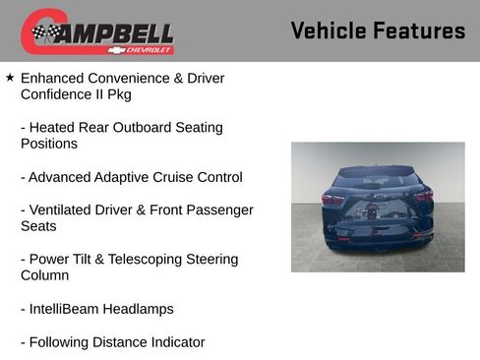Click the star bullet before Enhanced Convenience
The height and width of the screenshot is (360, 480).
pos(10,77)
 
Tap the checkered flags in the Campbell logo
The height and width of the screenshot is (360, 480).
pos(45,32)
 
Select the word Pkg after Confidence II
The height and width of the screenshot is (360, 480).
pos(117,94)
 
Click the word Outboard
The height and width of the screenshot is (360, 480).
pos(148,128)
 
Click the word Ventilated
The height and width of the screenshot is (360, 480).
pos(62,210)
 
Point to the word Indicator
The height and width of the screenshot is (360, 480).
pos(174,342)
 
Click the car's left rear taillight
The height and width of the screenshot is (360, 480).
pos(332,198)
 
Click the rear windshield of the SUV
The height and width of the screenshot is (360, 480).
pos(378,181)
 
